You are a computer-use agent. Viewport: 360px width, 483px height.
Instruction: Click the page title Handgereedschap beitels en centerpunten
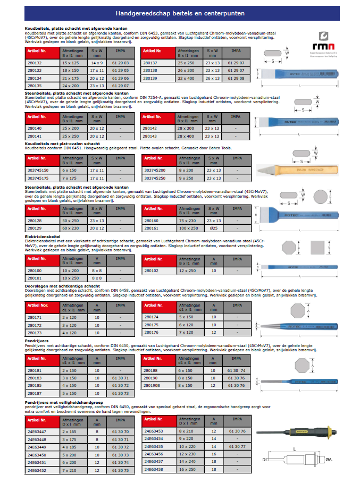coord(180,13)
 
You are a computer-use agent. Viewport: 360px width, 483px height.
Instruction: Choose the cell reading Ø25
coord(215,228)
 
